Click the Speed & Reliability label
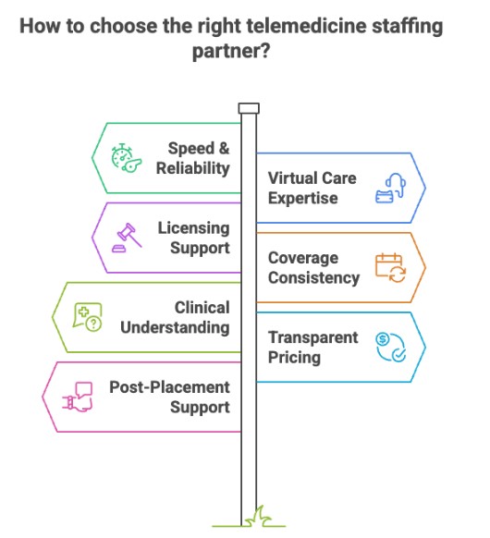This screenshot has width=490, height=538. pos(198,157)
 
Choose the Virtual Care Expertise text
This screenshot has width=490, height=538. pos(312,188)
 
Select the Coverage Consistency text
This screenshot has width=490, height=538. pos(313,267)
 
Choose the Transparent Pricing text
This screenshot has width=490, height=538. pos(312,346)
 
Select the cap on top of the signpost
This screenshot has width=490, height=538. pos(248,108)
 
